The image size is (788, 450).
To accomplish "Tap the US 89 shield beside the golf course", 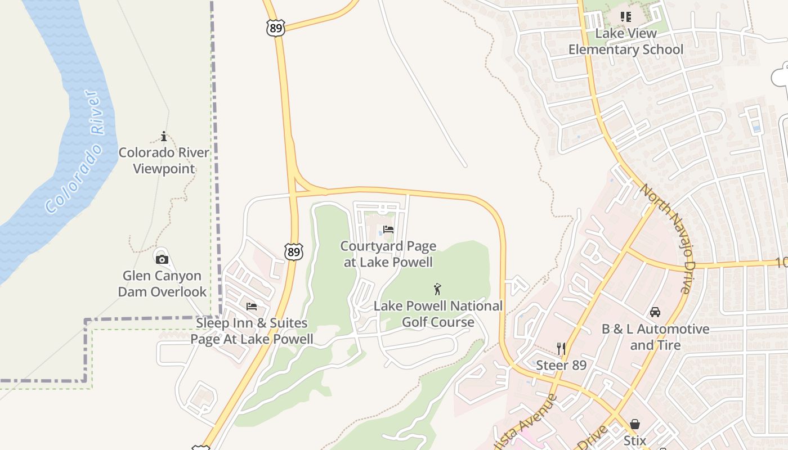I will point(294,251).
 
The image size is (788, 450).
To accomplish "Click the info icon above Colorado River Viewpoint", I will point(164,136).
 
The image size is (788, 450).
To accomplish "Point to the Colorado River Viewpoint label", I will point(164,160).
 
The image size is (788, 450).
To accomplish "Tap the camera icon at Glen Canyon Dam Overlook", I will point(162,259).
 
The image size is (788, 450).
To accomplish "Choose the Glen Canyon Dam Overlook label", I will point(162,283).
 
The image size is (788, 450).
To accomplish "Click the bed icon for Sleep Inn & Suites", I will point(252,307).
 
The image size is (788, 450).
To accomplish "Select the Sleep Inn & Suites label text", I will point(252,331).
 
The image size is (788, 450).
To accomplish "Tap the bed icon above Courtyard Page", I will point(388,229).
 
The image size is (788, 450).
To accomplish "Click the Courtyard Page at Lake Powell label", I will point(388,254).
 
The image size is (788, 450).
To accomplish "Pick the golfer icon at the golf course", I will point(437,289).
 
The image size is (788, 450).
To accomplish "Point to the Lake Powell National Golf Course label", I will point(438,314).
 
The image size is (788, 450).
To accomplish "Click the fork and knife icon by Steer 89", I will point(561,348).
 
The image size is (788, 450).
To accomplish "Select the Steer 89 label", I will point(561,365).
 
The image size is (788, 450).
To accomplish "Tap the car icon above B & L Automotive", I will point(655,312).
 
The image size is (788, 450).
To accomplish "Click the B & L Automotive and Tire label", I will point(656,337).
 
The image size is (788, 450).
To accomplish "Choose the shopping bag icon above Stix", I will point(635,424).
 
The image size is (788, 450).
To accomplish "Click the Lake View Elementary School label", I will point(626,42).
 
